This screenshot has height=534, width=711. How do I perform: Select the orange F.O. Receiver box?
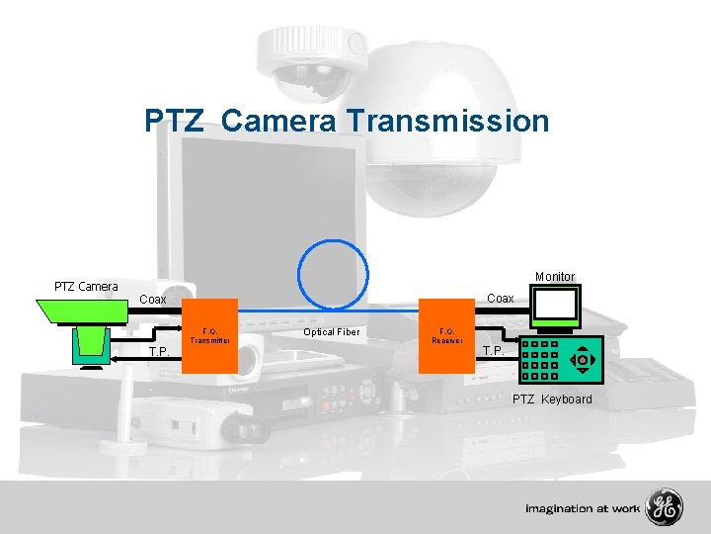pyautogui.click(x=446, y=335)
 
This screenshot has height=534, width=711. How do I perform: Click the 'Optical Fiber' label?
pyautogui.click(x=332, y=332)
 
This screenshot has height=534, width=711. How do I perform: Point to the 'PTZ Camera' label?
pyautogui.click(x=86, y=287)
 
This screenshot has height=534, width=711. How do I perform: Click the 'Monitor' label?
pyautogui.click(x=554, y=277)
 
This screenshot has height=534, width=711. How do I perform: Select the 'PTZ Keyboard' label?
pyautogui.click(x=552, y=400)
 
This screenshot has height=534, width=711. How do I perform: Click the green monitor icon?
pyautogui.click(x=555, y=307)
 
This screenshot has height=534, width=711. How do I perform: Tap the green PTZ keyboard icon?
pyautogui.click(x=559, y=361)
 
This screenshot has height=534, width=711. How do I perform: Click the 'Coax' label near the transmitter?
pyautogui.click(x=152, y=299)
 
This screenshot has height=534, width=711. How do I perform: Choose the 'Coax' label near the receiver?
pyautogui.click(x=501, y=298)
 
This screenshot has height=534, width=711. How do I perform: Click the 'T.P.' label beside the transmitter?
pyautogui.click(x=158, y=352)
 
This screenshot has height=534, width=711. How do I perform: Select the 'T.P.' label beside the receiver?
pyautogui.click(x=493, y=351)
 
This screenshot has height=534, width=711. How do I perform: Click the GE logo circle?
pyautogui.click(x=663, y=508)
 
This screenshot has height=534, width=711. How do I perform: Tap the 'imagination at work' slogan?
pyautogui.click(x=583, y=509)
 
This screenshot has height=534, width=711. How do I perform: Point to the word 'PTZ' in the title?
pyautogui.click(x=176, y=121)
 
